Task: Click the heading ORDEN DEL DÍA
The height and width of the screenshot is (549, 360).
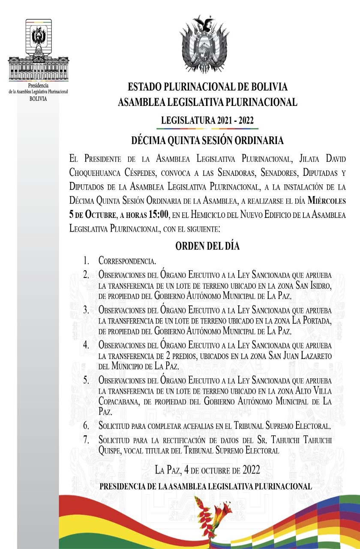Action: click(207, 246)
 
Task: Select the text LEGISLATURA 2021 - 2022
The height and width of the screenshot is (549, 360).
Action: click(207, 121)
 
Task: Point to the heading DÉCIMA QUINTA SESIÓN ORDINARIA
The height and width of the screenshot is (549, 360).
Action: click(207, 140)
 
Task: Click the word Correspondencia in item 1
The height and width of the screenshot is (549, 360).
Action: click(127, 260)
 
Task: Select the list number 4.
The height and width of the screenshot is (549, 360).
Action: click(86, 344)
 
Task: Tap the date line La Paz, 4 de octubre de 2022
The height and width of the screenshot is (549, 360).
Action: click(207, 470)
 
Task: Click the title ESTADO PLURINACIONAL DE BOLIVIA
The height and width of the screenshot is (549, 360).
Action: click(207, 87)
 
